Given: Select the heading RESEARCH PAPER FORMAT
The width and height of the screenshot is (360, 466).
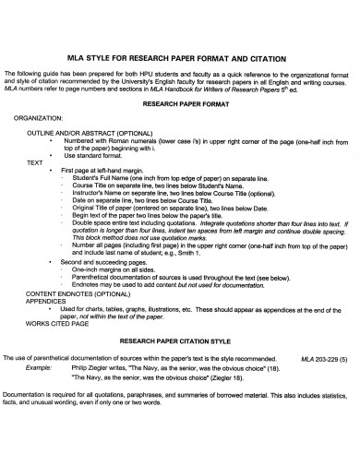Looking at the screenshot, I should pyautogui.click(x=181, y=104).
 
